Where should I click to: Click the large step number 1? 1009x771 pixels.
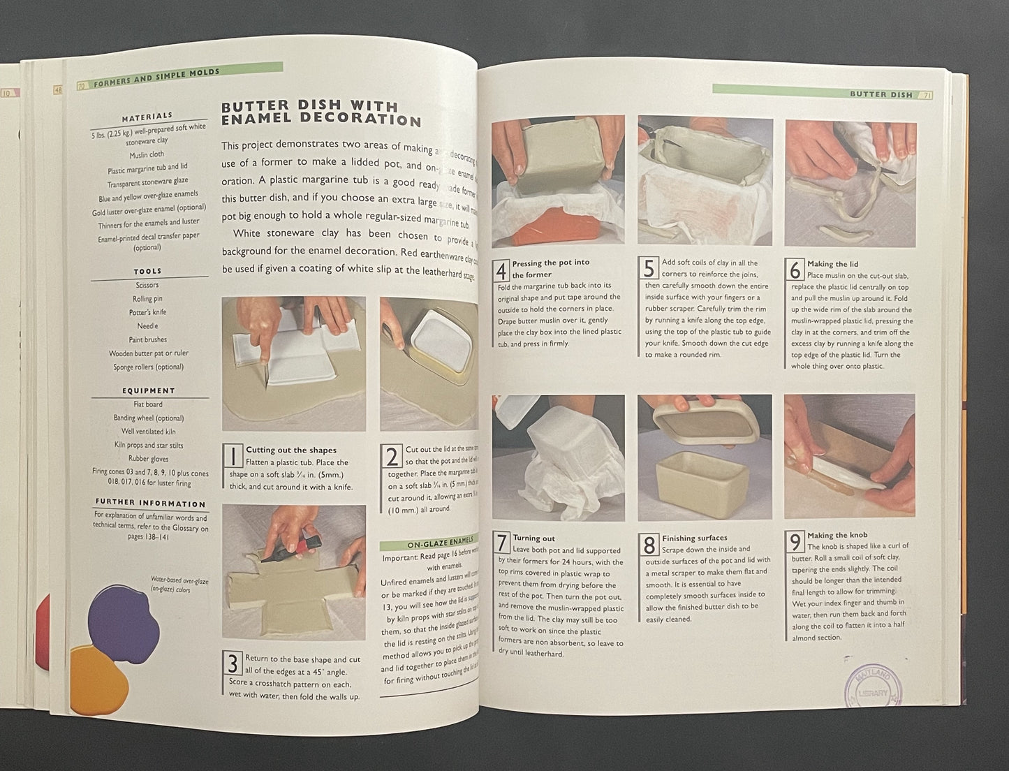(x=233, y=456)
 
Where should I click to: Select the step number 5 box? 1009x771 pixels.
(x=649, y=269)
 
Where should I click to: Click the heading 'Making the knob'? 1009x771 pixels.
(x=837, y=535)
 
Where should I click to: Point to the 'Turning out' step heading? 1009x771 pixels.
(x=533, y=538)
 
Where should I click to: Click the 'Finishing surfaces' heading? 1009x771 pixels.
(x=694, y=538)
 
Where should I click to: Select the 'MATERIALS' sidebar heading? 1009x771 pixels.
(x=147, y=117)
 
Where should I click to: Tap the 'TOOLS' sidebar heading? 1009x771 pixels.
(x=147, y=271)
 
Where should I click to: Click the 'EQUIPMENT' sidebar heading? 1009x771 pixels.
(x=148, y=391)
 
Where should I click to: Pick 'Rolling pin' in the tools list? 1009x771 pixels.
(x=147, y=299)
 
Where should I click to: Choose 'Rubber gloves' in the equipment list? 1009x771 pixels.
(x=148, y=459)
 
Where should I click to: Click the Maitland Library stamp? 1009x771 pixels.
(x=871, y=687)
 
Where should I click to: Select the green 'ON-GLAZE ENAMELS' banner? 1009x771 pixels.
(x=429, y=543)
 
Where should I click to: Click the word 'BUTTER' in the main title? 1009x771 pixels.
(x=258, y=107)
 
